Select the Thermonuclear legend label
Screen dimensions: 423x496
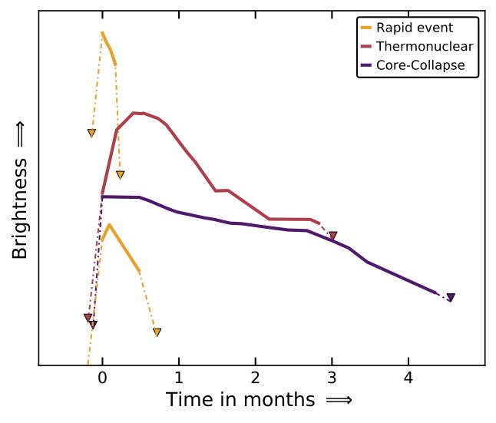pyautogui.click(x=425, y=46)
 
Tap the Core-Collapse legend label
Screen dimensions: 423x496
pyautogui.click(x=421, y=65)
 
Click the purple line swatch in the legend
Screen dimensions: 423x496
pyautogui.click(x=365, y=65)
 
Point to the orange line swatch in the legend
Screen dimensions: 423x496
pyautogui.click(x=365, y=28)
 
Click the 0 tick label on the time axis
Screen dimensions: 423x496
pyautogui.click(x=102, y=378)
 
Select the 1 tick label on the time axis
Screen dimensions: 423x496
pyautogui.click(x=179, y=378)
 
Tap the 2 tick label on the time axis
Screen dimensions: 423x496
pyautogui.click(x=255, y=378)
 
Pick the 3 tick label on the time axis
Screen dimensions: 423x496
pyautogui.click(x=332, y=378)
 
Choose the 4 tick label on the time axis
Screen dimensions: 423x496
pyautogui.click(x=408, y=378)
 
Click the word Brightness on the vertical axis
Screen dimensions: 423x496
pyautogui.click(x=20, y=208)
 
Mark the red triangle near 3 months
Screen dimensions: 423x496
pyautogui.click(x=332, y=236)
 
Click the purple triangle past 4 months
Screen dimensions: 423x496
pyautogui.click(x=451, y=297)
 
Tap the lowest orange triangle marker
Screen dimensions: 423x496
pyautogui.click(x=157, y=332)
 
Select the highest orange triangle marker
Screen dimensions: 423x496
pyautogui.click(x=91, y=133)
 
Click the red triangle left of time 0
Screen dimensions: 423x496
pyautogui.click(x=88, y=317)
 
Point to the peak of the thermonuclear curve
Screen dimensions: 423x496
pyautogui.click(x=134, y=113)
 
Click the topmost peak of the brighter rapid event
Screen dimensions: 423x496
pyautogui.click(x=102, y=32)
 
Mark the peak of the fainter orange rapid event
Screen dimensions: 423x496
pyautogui.click(x=109, y=225)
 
